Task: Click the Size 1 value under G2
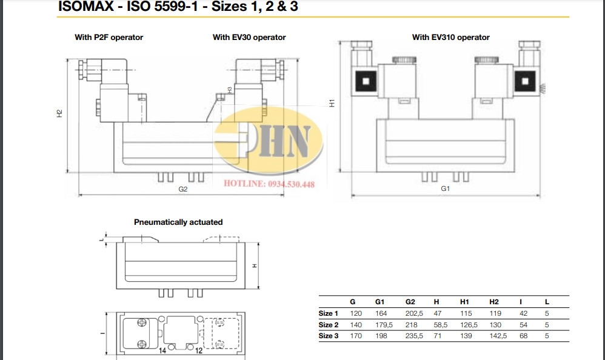click(414, 313)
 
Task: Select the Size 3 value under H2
click(498, 336)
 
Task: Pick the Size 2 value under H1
click(469, 325)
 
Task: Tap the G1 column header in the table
click(379, 302)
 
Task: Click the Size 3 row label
click(329, 336)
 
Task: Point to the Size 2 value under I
click(523, 325)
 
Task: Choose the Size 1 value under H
click(437, 313)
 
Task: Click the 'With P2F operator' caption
click(109, 38)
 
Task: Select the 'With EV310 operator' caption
click(450, 38)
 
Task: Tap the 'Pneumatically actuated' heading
click(178, 222)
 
